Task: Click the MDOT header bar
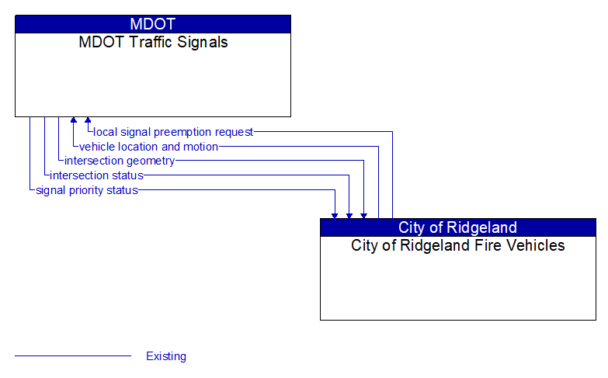click(153, 24)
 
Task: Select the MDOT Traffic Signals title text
click(153, 42)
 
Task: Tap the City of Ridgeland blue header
click(458, 227)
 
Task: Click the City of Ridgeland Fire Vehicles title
click(458, 245)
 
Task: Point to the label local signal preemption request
click(173, 132)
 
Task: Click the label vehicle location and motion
click(148, 147)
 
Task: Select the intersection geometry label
click(120, 161)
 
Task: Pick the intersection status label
click(96, 175)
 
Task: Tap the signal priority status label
click(87, 190)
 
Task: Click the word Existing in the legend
click(166, 356)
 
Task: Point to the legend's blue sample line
click(73, 355)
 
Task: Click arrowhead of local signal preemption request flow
click(88, 120)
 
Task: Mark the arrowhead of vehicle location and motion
click(74, 120)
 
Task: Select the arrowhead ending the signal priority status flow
click(335, 216)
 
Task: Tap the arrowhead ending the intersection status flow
click(349, 216)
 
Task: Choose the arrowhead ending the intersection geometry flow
click(363, 216)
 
